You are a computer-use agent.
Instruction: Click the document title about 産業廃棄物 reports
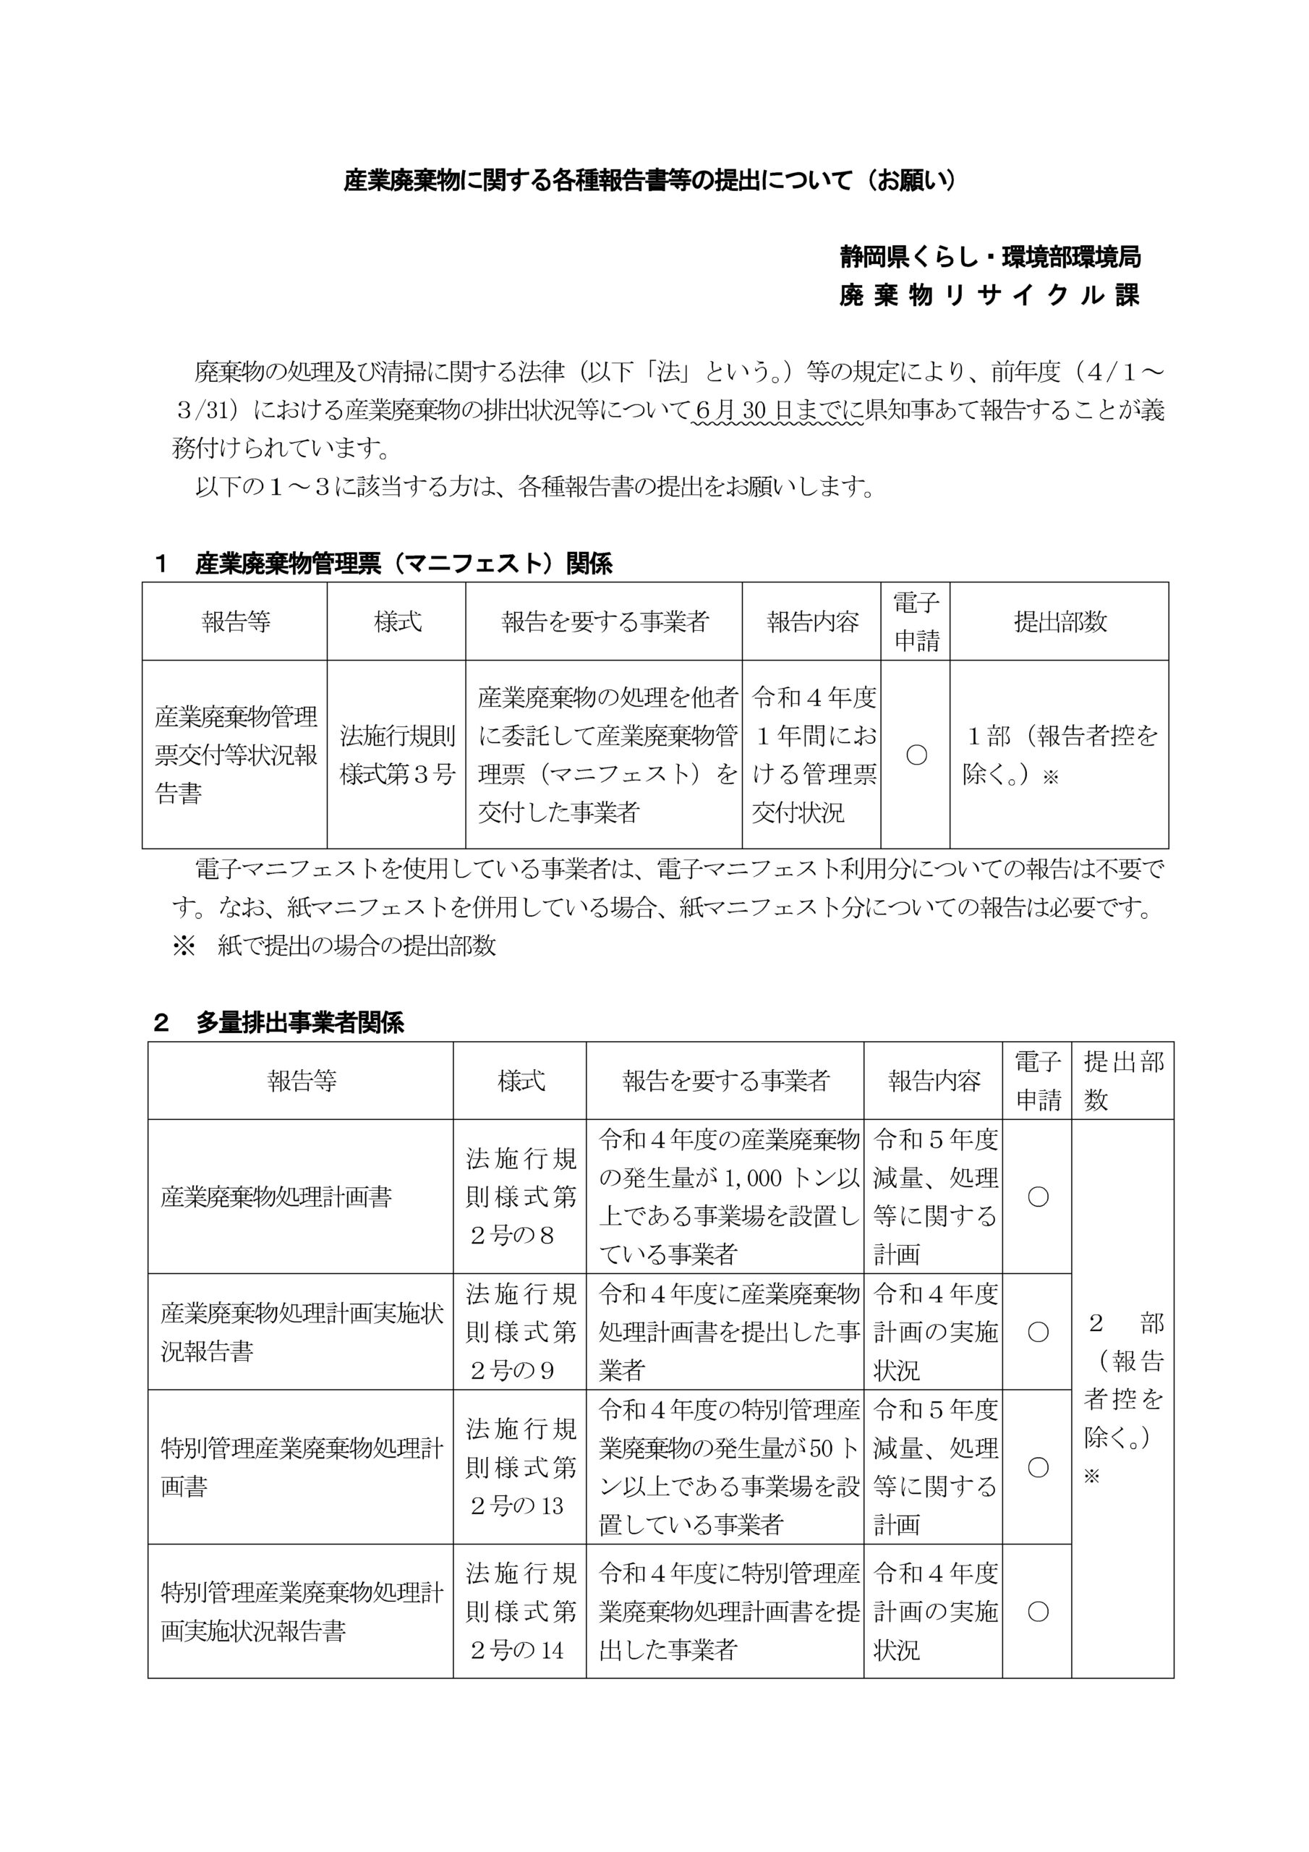point(650,181)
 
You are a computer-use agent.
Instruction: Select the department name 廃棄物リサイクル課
point(989,296)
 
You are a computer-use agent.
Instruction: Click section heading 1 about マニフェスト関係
point(384,563)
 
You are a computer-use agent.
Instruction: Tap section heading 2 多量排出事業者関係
point(279,1023)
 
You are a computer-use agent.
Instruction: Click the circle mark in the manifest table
point(916,755)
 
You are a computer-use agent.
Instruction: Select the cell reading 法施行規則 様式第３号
point(397,755)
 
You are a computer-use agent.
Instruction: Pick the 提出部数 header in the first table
point(1059,622)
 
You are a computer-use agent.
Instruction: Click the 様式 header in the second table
point(520,1081)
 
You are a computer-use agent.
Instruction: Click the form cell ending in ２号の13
point(520,1467)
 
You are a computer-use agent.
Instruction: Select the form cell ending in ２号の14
point(520,1612)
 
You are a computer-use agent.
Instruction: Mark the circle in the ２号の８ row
point(1037,1197)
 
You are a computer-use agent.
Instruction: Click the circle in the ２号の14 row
point(1037,1612)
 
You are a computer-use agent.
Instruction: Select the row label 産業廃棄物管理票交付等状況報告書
point(236,755)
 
